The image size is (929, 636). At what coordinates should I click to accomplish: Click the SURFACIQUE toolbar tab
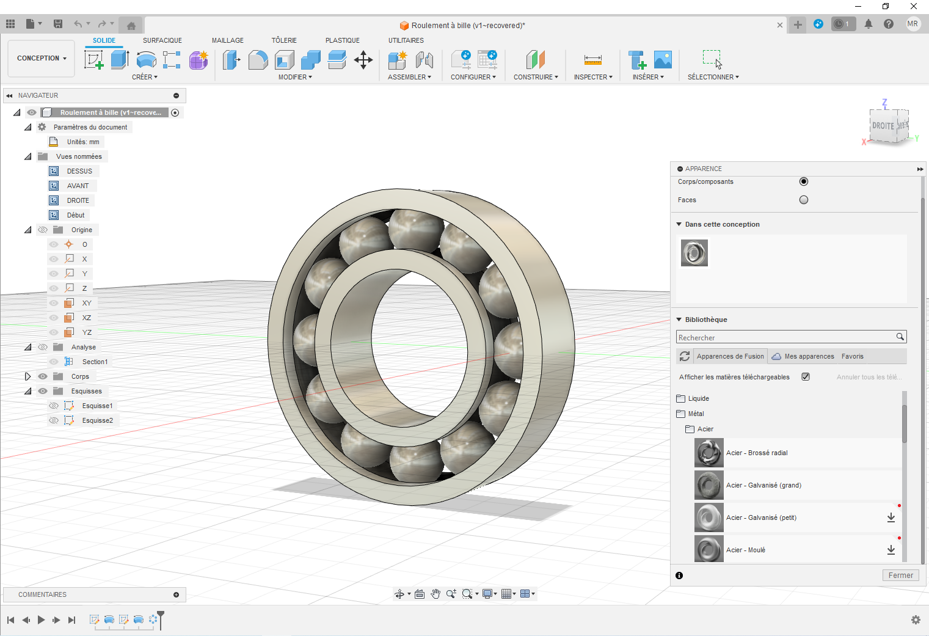point(162,40)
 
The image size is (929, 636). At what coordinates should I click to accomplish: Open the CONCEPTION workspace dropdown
point(42,59)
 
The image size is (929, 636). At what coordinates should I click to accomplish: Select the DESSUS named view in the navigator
point(79,171)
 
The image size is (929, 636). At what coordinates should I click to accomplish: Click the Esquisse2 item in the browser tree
point(97,420)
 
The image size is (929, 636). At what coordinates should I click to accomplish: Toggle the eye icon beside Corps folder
point(43,376)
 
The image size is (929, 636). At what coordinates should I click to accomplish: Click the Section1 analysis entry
point(95,362)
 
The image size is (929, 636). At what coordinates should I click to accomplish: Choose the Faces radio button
point(804,200)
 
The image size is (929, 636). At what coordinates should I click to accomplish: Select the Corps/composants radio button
point(804,181)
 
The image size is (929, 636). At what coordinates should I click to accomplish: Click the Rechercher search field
point(785,337)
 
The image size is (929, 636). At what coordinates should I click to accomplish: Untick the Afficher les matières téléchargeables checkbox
point(806,377)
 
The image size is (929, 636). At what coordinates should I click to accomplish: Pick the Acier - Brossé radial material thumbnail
point(709,453)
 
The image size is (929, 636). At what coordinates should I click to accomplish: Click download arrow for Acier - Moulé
point(891,550)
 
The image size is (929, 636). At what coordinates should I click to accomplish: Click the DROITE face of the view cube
point(883,126)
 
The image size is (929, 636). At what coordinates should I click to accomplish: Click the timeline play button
point(41,620)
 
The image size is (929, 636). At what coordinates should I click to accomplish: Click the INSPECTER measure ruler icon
point(592,60)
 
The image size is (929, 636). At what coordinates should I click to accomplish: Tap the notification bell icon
point(868,24)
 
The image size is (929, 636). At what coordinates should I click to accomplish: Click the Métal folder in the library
point(696,414)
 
